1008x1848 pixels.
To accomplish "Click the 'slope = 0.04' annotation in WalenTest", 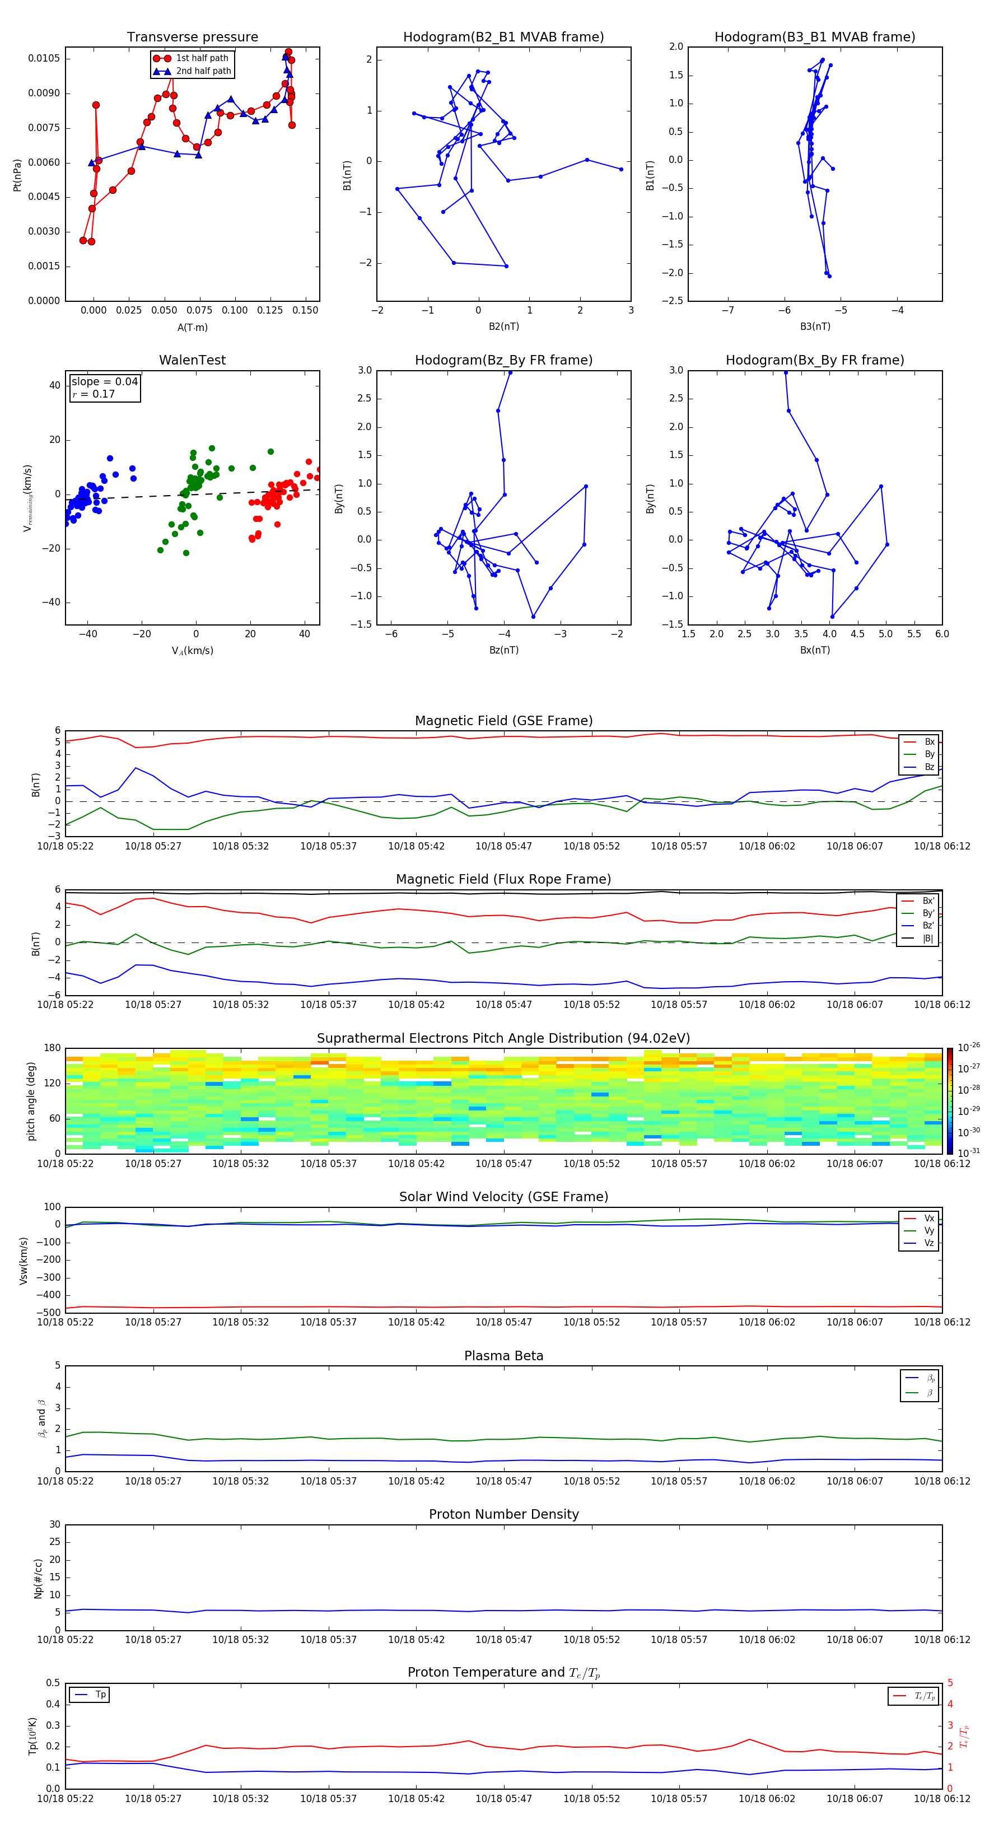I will (104, 382).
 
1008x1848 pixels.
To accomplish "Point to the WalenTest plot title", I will (192, 360).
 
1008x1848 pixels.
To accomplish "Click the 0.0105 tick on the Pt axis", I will (44, 58).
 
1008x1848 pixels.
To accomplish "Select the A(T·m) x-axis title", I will (192, 327).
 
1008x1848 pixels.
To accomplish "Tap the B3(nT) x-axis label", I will (815, 326).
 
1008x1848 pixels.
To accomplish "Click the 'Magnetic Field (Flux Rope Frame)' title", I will (503, 880).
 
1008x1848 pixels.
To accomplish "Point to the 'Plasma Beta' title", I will (503, 1356).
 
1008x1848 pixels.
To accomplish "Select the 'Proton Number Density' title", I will (503, 1514).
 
